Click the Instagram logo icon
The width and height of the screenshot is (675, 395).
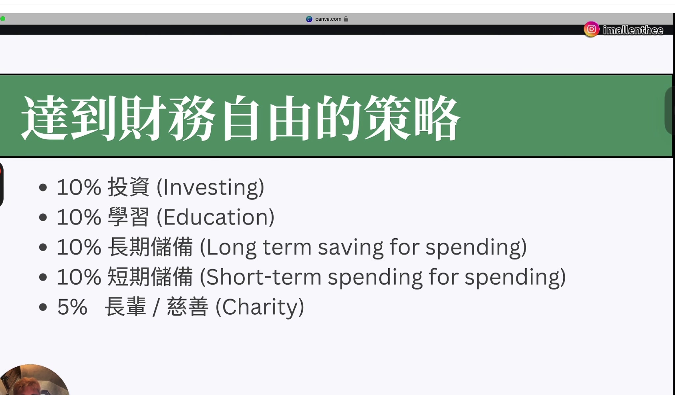591,29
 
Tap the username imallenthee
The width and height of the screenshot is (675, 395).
633,30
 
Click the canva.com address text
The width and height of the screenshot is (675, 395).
328,19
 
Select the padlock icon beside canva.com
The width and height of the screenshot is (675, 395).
346,19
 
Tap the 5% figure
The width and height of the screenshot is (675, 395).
72,307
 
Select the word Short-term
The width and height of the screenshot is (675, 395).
264,277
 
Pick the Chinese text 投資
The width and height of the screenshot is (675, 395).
128,187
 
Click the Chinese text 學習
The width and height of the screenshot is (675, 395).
128,217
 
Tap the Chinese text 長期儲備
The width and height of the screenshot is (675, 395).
150,247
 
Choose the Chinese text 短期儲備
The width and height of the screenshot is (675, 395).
150,277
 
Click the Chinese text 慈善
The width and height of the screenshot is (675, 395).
188,306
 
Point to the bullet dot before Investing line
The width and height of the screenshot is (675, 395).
43,188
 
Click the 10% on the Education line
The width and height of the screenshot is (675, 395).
79,217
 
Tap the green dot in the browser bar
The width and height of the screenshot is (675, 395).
3,19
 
